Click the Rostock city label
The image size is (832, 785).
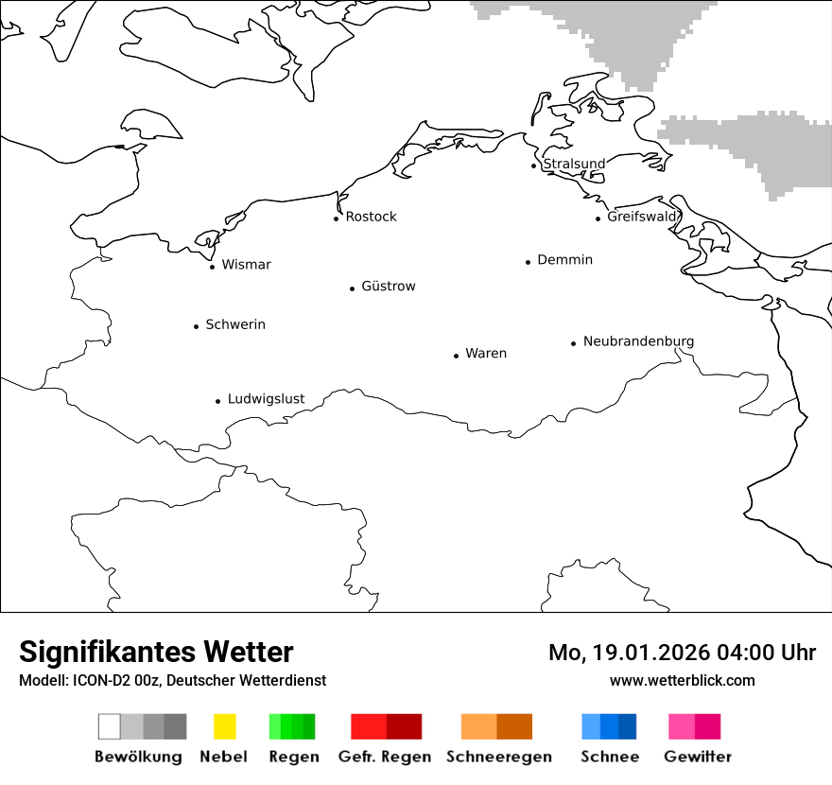click(x=371, y=217)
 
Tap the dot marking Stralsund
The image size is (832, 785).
click(x=534, y=166)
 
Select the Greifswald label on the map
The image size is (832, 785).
click(x=643, y=217)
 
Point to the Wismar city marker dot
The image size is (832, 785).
click(x=212, y=267)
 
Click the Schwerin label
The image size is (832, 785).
click(x=235, y=324)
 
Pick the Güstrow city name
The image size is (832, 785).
click(x=388, y=286)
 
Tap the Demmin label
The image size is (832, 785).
click(x=564, y=259)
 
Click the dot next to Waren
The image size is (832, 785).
click(x=456, y=356)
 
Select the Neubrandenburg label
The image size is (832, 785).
click(x=638, y=341)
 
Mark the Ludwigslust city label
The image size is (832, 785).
click(x=266, y=399)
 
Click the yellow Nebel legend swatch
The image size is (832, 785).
click(x=224, y=726)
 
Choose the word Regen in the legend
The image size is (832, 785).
click(x=293, y=757)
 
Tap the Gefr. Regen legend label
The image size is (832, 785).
click(x=386, y=757)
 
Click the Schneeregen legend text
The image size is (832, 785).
click(x=498, y=757)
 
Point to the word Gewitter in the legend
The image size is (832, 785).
click(x=697, y=757)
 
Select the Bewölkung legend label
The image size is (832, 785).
click(x=138, y=757)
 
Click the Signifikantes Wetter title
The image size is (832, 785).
click(x=156, y=652)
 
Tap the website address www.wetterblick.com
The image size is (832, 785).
click(x=682, y=680)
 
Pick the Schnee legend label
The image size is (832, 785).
click(x=609, y=757)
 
